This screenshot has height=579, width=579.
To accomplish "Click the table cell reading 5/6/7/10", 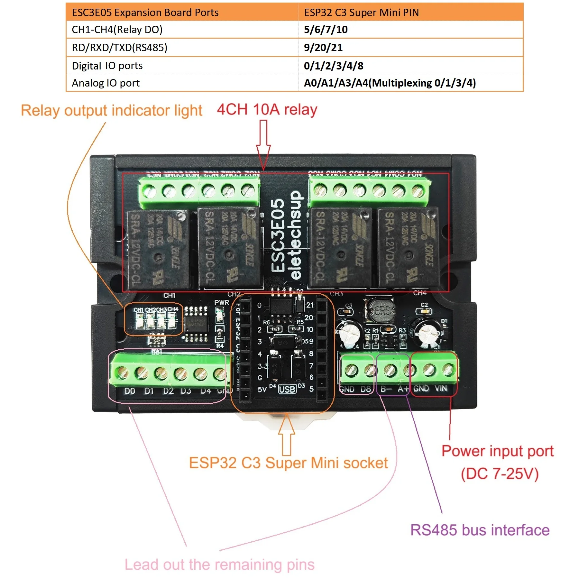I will pos(326,30).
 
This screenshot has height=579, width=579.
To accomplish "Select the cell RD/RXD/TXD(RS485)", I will pos(119,48).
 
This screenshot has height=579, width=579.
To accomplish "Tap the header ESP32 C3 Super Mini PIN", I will pos(361,13).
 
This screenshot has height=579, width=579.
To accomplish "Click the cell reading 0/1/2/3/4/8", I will pos(333,66).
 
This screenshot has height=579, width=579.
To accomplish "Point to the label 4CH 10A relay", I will pos(267,110).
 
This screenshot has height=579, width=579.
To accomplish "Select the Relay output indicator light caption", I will pos(111,111).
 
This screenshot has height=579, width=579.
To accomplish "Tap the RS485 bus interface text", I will pos(480,530).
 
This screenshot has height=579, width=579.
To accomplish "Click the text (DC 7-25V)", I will pos(499,474).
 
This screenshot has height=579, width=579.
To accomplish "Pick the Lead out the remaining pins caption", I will pos(219,565).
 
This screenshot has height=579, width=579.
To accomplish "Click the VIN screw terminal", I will pos(448,370).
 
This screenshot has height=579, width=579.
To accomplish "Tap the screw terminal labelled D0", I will pos(122,373).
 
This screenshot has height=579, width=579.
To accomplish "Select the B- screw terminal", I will pos(390,370).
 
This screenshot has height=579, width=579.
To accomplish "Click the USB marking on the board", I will pos(287,390).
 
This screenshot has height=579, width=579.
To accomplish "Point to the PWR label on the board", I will pos(222,303).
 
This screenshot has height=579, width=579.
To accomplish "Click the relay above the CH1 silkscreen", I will pos(159,249).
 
